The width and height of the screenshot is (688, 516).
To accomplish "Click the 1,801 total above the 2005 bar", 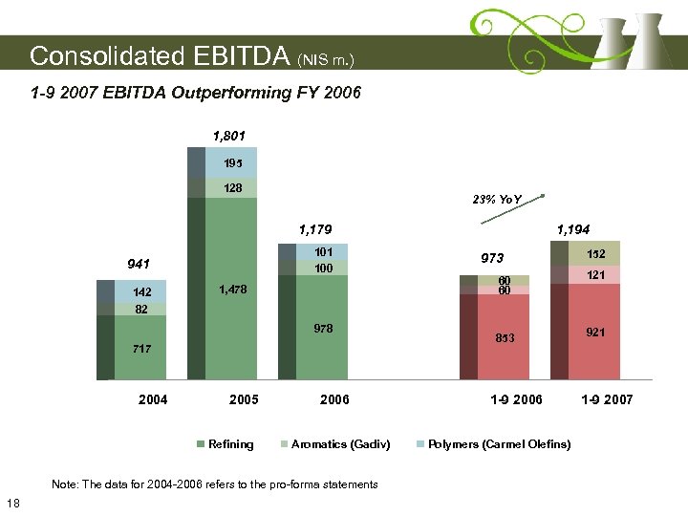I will click(x=230, y=136).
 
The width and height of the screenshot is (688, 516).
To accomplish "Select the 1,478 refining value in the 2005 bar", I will click(x=230, y=290).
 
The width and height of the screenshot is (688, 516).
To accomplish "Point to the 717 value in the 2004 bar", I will click(x=141, y=349).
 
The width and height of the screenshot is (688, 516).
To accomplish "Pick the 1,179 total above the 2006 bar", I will click(x=314, y=229).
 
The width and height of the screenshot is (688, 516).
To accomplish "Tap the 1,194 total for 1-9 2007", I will click(x=573, y=229).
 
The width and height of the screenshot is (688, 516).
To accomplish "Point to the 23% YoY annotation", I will click(x=497, y=199).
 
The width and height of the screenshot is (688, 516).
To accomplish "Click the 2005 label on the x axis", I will click(x=245, y=399).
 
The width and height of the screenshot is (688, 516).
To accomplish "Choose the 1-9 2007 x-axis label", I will click(x=607, y=399).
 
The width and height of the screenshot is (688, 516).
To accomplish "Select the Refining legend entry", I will click(x=230, y=444).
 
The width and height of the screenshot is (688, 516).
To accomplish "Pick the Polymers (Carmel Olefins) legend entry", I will click(x=499, y=444).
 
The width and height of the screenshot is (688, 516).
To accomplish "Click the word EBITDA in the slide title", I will click(x=238, y=56).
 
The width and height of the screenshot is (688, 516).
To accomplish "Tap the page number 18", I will click(x=13, y=504).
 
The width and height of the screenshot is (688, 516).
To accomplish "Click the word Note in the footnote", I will click(x=66, y=484).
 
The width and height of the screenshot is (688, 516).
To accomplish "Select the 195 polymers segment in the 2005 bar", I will click(x=232, y=162).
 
